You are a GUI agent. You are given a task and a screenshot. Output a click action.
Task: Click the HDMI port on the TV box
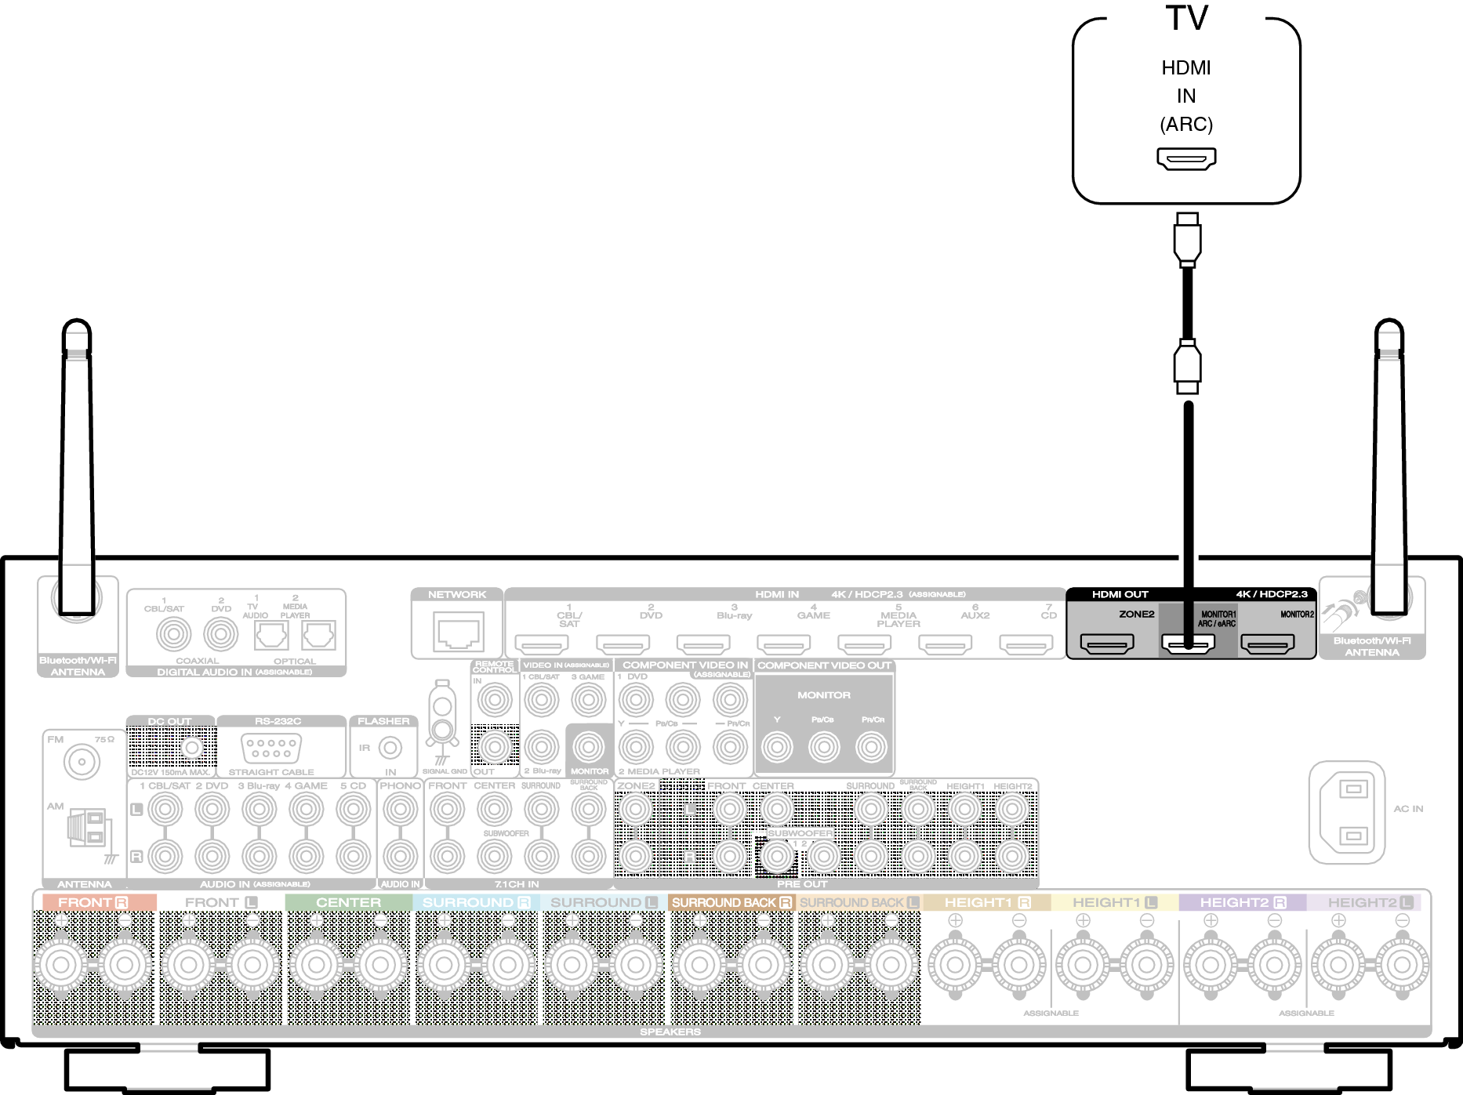tap(1186, 158)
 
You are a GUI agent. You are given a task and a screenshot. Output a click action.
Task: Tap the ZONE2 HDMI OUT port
tap(1107, 644)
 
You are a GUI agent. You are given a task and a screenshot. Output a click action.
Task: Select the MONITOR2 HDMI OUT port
tap(1267, 644)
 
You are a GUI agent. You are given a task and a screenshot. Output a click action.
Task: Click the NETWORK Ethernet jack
tap(458, 632)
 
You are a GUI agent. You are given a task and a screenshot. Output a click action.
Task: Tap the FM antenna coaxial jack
tap(82, 761)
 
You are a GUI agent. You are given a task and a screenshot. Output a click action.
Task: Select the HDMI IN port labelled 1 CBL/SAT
tap(542, 644)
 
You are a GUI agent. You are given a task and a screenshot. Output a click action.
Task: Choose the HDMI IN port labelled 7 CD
tap(1026, 644)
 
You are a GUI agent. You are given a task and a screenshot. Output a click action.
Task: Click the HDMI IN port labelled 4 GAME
tap(783, 644)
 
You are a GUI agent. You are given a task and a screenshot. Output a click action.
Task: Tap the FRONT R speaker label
tap(93, 902)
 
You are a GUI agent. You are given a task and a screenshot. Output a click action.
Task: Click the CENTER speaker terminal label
tap(348, 902)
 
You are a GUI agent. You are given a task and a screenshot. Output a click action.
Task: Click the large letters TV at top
tap(1186, 19)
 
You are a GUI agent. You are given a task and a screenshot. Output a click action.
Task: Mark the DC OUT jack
tap(191, 748)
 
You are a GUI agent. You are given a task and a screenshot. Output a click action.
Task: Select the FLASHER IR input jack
tap(390, 748)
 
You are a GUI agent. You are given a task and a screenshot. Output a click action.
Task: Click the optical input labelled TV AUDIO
tap(271, 635)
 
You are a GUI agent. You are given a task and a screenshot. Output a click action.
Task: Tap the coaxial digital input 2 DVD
tap(221, 635)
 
